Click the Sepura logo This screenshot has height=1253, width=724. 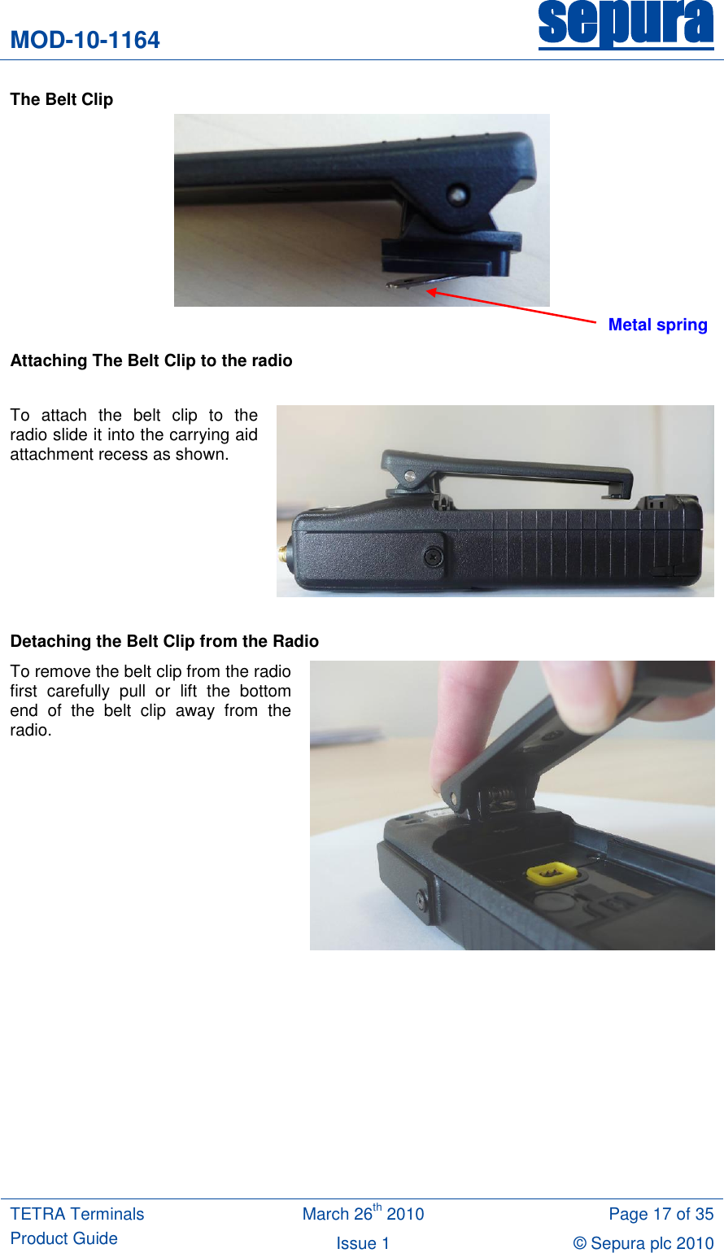[x=626, y=24]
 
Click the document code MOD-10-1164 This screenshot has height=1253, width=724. [x=85, y=40]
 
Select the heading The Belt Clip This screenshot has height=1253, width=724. [x=62, y=99]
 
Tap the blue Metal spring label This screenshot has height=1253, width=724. [x=657, y=325]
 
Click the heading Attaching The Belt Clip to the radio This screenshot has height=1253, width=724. [x=151, y=360]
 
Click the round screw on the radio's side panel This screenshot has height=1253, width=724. [x=432, y=557]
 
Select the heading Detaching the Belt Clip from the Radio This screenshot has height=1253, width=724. [x=164, y=641]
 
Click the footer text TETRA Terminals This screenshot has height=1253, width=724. [x=77, y=1214]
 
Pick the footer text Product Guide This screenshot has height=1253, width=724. [x=64, y=1238]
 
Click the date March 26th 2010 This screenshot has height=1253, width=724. [x=363, y=1214]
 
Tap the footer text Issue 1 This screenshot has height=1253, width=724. [x=363, y=1243]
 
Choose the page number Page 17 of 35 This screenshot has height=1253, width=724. [x=661, y=1214]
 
